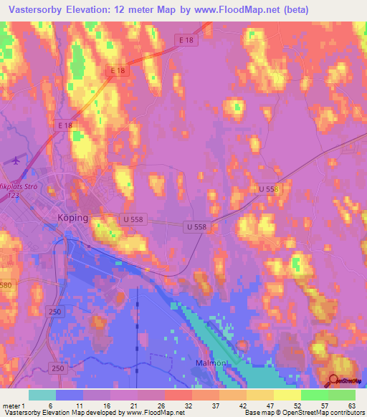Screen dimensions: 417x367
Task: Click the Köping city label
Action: tap(72, 218)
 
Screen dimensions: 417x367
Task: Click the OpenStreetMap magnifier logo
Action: tap(334, 381)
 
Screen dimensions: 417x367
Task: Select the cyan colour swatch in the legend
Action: tap(42, 395)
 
